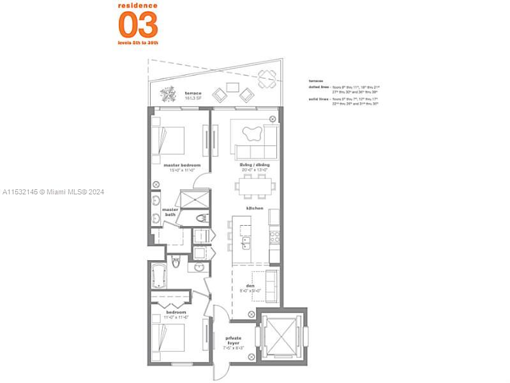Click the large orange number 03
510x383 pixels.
[x=138, y=24]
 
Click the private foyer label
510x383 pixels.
[x=233, y=344]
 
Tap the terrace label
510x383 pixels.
[x=193, y=94]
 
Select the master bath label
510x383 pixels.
[x=170, y=212]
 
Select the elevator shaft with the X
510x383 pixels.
[x=281, y=335]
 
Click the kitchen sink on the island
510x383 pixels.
[x=246, y=244]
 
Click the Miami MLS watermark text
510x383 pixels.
[x=53, y=192]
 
